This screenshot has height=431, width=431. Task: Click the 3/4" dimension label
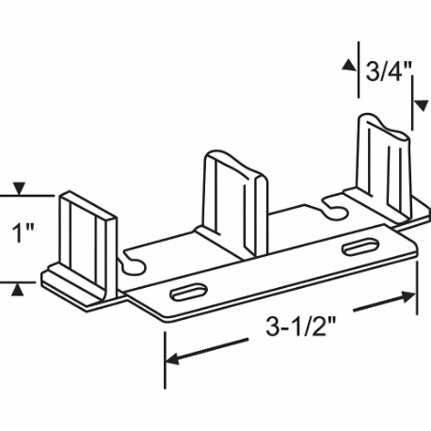tap(388, 72)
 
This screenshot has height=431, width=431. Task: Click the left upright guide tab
tap(88, 235)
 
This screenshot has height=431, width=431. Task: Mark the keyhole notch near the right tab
tap(331, 201)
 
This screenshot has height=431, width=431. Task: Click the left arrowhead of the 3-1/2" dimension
tap(171, 359)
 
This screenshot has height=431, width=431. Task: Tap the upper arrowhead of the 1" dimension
tap(17, 189)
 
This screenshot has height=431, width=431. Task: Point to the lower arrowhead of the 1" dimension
tap(17, 287)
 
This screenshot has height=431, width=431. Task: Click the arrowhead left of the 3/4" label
tap(348, 65)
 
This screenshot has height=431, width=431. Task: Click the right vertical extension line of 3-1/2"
tap(416, 282)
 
